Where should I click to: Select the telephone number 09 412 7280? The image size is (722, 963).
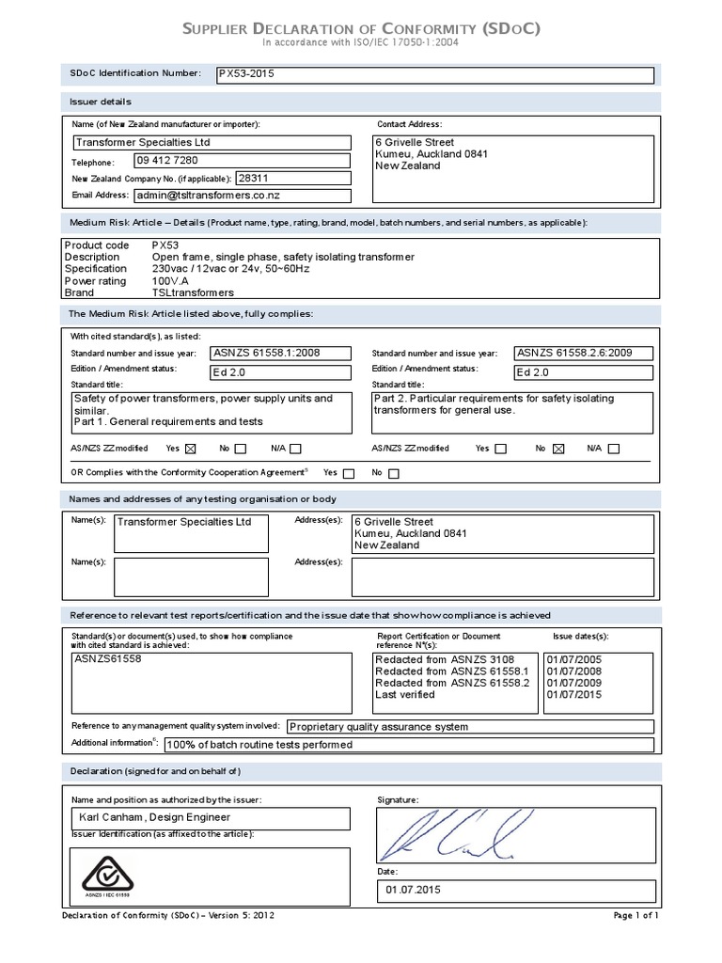[167, 161]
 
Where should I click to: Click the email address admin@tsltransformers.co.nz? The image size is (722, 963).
[209, 196]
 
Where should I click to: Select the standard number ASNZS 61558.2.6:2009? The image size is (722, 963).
[573, 354]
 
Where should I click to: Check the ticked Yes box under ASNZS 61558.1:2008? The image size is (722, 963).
[192, 449]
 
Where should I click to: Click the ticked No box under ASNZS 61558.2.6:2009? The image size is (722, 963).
[557, 449]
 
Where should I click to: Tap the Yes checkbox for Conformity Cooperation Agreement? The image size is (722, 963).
[349, 473]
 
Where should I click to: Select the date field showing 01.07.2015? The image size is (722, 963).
[413, 890]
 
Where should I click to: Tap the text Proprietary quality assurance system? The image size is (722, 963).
[379, 726]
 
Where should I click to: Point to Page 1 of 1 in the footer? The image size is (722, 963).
[636, 915]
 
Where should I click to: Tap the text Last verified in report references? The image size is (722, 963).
[404, 695]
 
